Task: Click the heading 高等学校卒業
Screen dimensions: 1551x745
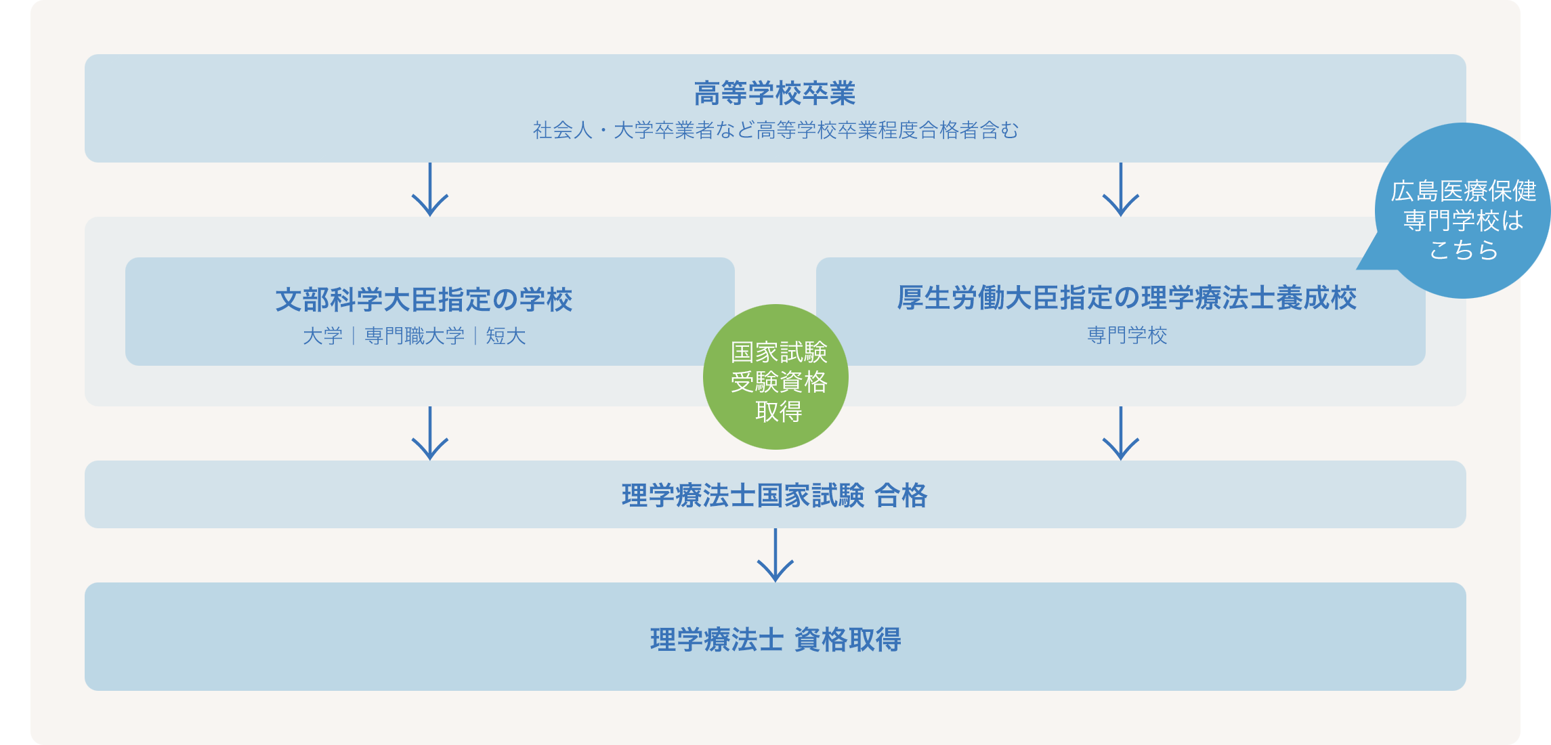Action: point(775,93)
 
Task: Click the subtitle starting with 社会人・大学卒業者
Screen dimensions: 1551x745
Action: point(775,130)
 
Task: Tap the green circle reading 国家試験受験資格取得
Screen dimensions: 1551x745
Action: point(775,377)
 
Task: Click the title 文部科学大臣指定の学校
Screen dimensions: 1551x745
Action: point(424,299)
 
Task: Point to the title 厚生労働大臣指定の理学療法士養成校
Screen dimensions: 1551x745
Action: point(1127,297)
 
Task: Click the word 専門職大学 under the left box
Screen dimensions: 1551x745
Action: point(415,336)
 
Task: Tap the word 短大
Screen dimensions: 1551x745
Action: point(506,336)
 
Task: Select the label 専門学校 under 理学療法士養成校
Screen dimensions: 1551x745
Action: point(1127,335)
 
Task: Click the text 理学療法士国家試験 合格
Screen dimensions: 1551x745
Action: point(775,495)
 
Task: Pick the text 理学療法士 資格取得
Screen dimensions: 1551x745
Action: point(775,639)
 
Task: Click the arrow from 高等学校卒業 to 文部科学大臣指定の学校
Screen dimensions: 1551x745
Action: point(430,190)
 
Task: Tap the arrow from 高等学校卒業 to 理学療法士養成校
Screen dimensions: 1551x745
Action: point(1121,190)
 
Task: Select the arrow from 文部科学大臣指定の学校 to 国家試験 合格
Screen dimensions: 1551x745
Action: point(430,433)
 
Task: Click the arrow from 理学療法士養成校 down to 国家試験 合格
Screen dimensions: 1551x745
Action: point(1121,433)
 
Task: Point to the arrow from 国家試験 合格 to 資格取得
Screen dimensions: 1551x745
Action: point(775,555)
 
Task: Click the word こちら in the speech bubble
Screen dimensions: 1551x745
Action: point(1464,250)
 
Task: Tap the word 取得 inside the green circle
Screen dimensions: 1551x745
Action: point(779,411)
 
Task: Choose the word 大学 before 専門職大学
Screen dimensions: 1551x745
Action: point(323,336)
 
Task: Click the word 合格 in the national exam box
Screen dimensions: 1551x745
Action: point(901,495)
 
